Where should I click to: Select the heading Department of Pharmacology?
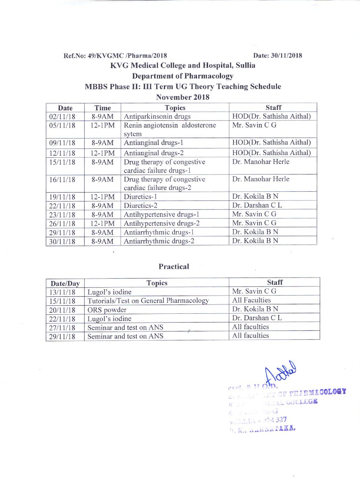pyautogui.click(x=183, y=76)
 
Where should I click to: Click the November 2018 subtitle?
pyautogui.click(x=183, y=97)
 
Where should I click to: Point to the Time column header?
pyautogui.click(x=103, y=108)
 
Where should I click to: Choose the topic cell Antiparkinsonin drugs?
pyautogui.click(x=157, y=116)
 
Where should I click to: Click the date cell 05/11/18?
pyautogui.click(x=62, y=126)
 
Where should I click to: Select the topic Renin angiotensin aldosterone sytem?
pyautogui.click(x=169, y=129)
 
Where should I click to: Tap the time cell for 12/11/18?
pyautogui.click(x=103, y=153)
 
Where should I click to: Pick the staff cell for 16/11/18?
pyautogui.click(x=261, y=179)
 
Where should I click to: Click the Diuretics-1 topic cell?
pyautogui.click(x=140, y=197)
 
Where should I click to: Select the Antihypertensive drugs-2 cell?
pyautogui.click(x=161, y=223)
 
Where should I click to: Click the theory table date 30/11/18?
pyautogui.click(x=62, y=242)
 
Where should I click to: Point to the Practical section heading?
pyautogui.click(x=174, y=266)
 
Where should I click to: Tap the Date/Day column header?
pyautogui.click(x=65, y=283)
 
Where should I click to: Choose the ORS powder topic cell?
pyautogui.click(x=107, y=310)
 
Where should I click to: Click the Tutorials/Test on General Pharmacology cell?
pyautogui.click(x=148, y=301)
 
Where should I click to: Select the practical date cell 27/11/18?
pyautogui.click(x=62, y=328)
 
